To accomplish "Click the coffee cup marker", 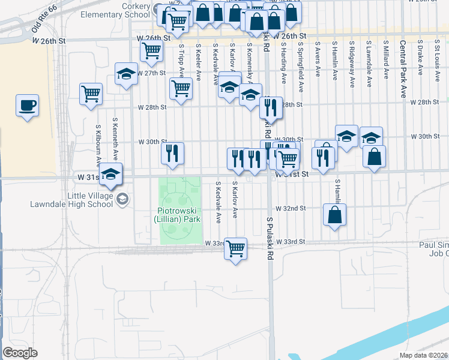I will tap(28, 106).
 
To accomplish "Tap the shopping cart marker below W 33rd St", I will tap(235, 248).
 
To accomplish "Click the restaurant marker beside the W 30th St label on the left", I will tap(172, 154).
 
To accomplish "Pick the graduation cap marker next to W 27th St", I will tap(126, 74).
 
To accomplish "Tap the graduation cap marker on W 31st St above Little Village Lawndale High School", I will tap(110, 175).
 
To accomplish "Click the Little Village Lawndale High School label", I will tap(71, 199).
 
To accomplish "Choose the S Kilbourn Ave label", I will tap(97, 145).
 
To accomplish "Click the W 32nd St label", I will tap(291, 208).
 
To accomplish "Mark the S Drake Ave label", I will tap(420, 58).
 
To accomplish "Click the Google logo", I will tap(20, 352).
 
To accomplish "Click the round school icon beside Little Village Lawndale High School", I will tap(122, 199).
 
